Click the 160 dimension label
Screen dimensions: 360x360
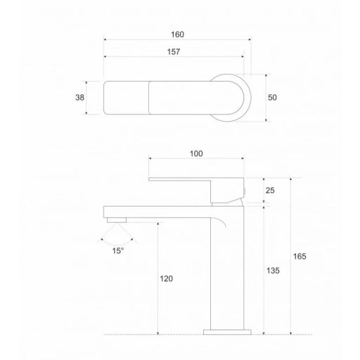coord(177,34)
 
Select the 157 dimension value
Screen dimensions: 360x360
coord(174,52)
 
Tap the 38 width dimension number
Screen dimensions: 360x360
coord(79,98)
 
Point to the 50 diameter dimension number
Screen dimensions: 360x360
coord(272,98)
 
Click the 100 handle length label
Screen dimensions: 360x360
coord(196,154)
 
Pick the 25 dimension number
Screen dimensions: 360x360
coord(270,191)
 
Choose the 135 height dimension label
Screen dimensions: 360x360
coord(273,271)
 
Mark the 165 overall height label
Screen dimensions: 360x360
coord(300,257)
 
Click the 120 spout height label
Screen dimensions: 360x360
coord(166,278)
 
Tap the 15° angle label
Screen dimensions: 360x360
coord(118,251)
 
